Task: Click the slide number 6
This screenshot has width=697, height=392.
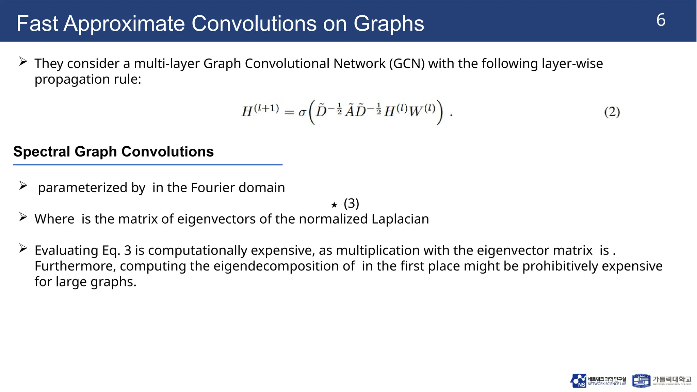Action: [661, 20]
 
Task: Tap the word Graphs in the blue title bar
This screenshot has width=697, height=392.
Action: [389, 24]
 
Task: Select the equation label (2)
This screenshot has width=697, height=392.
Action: [612, 112]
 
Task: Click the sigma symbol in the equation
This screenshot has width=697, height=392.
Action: [302, 112]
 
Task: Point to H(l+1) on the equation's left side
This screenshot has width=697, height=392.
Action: [260, 111]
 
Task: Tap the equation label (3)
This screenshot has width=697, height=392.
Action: [351, 203]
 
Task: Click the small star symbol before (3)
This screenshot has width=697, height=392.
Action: [334, 205]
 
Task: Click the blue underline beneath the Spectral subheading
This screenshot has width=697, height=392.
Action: [148, 165]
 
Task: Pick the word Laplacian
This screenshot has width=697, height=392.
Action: [400, 219]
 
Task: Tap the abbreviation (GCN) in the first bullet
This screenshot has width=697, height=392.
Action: [407, 64]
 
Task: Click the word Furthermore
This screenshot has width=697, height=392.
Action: [75, 266]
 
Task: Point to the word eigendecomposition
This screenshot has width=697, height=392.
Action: [284, 266]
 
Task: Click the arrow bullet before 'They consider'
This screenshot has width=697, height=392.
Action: [23, 62]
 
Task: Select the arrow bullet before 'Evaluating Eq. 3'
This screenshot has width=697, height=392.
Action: [23, 248]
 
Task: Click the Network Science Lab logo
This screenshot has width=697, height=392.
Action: [598, 381]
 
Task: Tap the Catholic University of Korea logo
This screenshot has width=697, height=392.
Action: [661, 381]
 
